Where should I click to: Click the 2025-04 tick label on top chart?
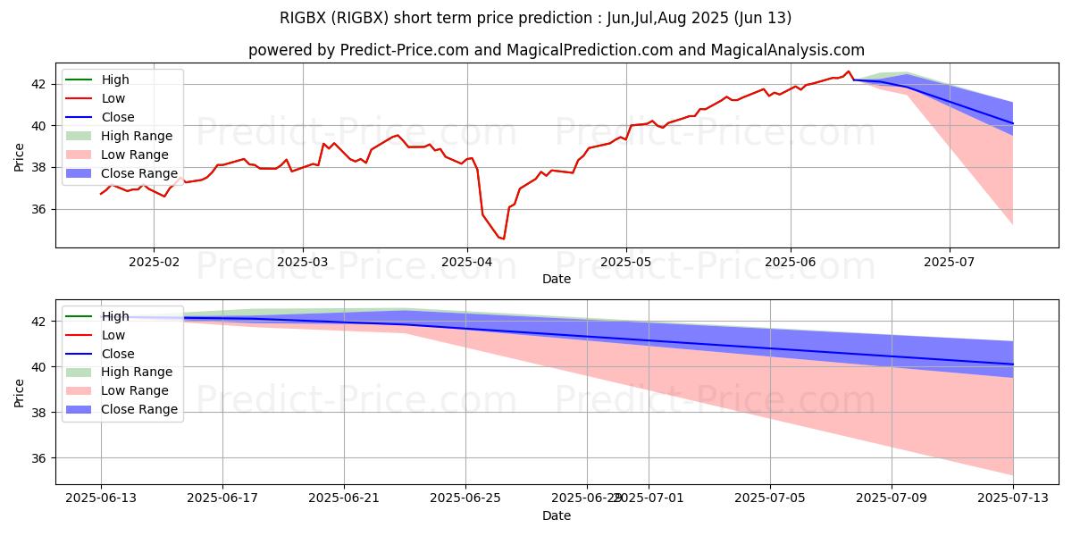[x=466, y=263]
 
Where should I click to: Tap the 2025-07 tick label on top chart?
[x=949, y=263]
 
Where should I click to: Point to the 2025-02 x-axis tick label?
[x=154, y=263]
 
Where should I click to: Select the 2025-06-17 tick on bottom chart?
[x=222, y=498]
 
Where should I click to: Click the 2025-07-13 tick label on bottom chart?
[x=1013, y=498]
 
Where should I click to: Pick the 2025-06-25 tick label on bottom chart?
[x=466, y=498]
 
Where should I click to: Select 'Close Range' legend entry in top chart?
[x=139, y=173]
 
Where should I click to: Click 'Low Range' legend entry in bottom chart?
[x=135, y=390]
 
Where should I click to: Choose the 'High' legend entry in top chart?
[x=115, y=80]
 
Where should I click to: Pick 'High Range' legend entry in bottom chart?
[x=137, y=372]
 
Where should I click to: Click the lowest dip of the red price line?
[x=503, y=239]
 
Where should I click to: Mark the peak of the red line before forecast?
[x=849, y=71]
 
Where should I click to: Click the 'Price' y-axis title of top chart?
[x=20, y=156]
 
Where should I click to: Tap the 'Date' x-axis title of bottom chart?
[x=557, y=515]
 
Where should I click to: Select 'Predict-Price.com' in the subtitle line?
[x=404, y=50]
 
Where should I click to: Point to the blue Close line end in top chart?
[x=1013, y=123]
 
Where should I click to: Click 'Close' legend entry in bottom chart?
[x=118, y=353]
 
